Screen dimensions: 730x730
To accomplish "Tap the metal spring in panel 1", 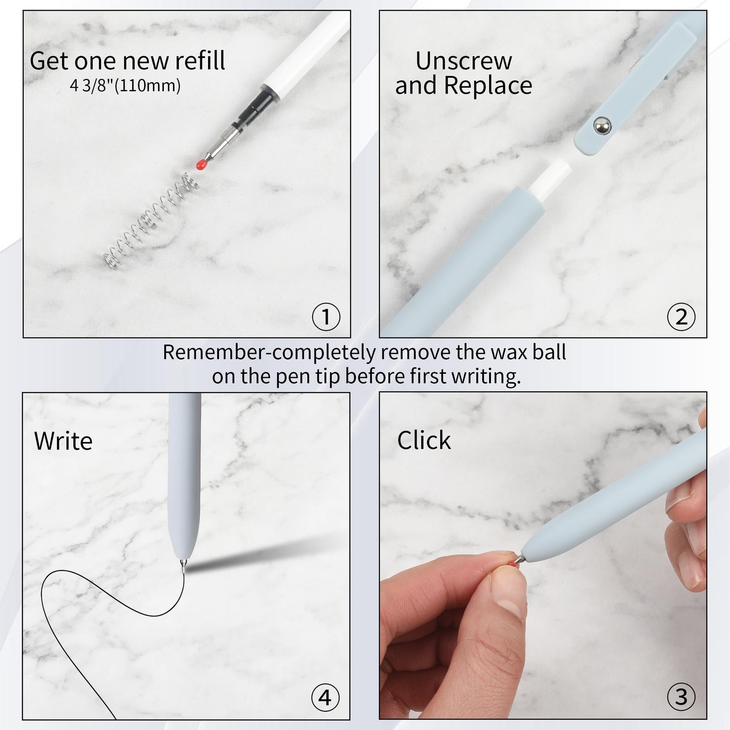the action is click(151, 221).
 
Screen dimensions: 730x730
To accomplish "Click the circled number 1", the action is click(326, 317).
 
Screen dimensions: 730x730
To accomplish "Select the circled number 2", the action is click(681, 317).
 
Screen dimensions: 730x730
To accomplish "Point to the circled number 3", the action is click(681, 697).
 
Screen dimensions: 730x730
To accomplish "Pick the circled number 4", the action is click(325, 697).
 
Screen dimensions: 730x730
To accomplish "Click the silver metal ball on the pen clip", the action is click(603, 125).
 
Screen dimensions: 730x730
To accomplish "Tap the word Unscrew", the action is click(464, 61).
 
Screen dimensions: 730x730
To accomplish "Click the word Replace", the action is click(488, 85).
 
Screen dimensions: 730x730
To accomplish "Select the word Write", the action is click(63, 441).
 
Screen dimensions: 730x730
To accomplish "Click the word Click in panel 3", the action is click(424, 440).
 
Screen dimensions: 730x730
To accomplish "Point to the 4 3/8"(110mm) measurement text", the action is click(125, 85).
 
